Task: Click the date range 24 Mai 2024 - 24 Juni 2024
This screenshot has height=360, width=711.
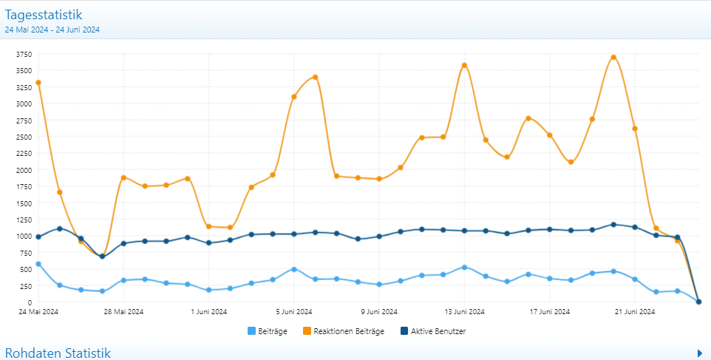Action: pyautogui.click(x=52, y=30)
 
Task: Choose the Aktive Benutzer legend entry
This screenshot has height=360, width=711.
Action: pyautogui.click(x=432, y=331)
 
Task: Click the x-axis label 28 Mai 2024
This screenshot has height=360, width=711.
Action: pyautogui.click(x=123, y=312)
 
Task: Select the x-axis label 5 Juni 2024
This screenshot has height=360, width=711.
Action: pyautogui.click(x=294, y=312)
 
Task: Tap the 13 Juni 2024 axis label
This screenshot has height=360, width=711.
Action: pyautogui.click(x=464, y=312)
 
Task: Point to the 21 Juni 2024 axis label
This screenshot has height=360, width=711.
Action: pyautogui.click(x=635, y=312)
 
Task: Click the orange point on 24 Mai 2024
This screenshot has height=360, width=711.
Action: pyautogui.click(x=38, y=83)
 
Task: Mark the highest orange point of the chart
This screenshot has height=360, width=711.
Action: pyautogui.click(x=613, y=57)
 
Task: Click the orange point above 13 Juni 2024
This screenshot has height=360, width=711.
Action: pyautogui.click(x=464, y=66)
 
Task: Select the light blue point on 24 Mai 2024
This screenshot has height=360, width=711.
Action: pyautogui.click(x=38, y=264)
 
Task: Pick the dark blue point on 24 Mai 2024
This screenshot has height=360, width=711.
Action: pyautogui.click(x=38, y=237)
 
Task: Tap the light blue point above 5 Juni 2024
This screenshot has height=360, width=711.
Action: pyautogui.click(x=294, y=269)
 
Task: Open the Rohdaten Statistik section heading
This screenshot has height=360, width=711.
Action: pyautogui.click(x=58, y=353)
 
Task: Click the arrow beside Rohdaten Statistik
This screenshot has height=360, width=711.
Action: pyautogui.click(x=699, y=353)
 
